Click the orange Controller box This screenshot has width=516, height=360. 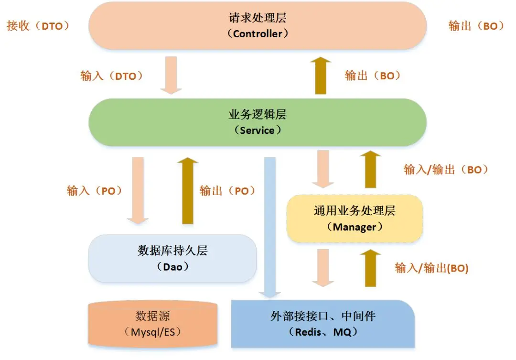point(258,26)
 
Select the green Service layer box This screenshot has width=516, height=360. point(258,122)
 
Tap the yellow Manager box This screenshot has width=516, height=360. point(355,218)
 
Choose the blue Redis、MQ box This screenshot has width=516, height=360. point(323,324)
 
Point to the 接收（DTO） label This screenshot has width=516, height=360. point(38,26)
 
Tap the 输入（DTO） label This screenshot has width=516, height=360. point(112,76)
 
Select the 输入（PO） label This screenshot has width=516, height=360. point(95,190)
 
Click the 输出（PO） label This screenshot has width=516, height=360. point(227,190)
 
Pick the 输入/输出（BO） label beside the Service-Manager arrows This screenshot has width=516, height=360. point(446,169)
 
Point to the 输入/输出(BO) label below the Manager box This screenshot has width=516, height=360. point(431,268)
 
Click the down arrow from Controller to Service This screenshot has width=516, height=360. point(171,75)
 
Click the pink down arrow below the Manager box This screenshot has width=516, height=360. point(324,268)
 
